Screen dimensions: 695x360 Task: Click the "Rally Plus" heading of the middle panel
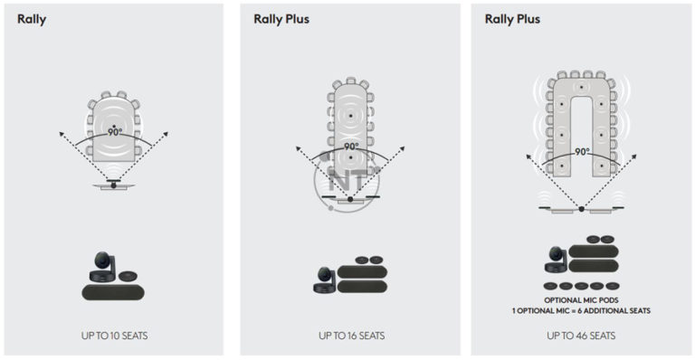point(281,18)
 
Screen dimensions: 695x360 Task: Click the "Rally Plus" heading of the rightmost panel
point(514,18)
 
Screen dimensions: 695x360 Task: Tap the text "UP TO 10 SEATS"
point(114,336)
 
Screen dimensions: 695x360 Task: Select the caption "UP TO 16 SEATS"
point(351,336)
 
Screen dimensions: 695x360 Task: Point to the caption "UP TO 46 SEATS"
point(581,336)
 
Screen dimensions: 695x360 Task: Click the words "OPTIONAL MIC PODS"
point(581,299)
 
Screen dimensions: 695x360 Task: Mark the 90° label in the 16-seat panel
point(351,147)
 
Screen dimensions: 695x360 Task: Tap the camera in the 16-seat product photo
point(323,279)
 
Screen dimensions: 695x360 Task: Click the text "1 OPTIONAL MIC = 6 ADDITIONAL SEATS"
point(581,310)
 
